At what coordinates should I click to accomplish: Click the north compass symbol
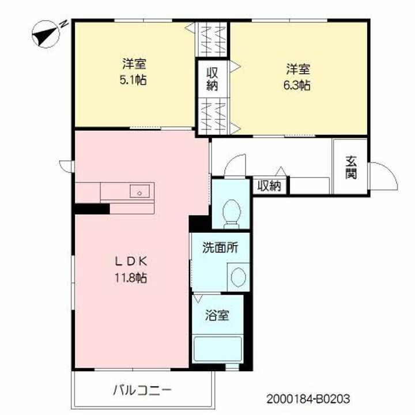point(46,35)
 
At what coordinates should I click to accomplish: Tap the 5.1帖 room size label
point(133,80)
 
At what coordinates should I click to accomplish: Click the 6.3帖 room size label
point(297,85)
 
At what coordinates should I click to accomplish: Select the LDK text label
point(131,262)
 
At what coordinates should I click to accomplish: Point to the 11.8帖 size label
point(131,278)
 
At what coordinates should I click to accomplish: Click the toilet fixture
point(232,214)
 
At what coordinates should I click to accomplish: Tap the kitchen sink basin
point(139,191)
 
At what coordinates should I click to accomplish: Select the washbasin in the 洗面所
point(238,277)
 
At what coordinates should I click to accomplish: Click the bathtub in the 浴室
point(217,349)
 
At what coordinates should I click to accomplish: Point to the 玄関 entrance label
point(351,168)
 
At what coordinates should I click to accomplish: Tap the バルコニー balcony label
point(142,390)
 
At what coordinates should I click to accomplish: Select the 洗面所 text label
point(220,248)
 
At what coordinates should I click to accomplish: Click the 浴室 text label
point(217,315)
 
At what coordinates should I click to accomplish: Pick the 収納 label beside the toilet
point(269,186)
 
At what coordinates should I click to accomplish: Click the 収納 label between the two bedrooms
point(212,79)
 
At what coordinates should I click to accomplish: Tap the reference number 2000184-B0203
point(308,399)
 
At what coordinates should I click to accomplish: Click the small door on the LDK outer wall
point(66,166)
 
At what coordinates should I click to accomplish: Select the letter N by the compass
point(64,24)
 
